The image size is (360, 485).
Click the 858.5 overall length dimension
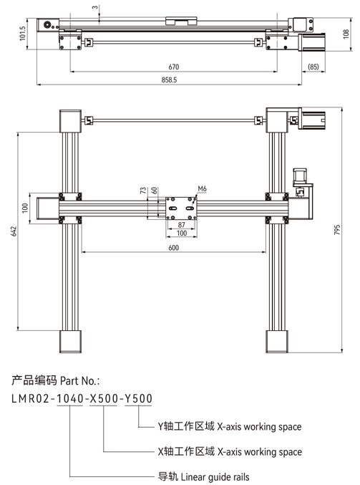(169, 80)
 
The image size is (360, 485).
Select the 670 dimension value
(174, 67)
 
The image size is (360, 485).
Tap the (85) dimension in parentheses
(313, 67)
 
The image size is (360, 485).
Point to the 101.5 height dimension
(22, 34)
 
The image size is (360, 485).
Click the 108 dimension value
(346, 34)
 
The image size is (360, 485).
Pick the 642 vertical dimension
(14, 231)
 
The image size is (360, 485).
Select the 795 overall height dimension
(337, 229)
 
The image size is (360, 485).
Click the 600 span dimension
(174, 248)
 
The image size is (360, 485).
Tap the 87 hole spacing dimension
(182, 225)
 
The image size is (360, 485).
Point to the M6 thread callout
(202, 188)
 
